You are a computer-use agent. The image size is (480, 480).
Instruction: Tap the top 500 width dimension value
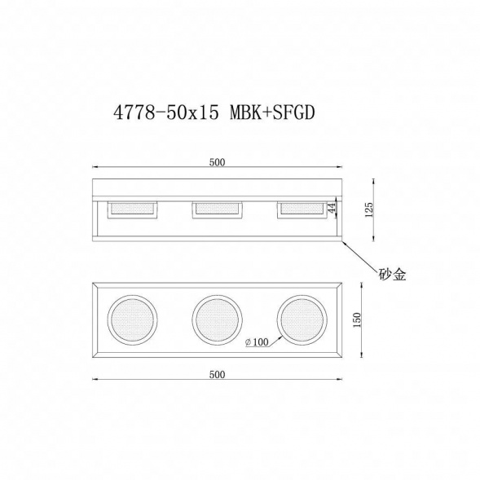click(217, 162)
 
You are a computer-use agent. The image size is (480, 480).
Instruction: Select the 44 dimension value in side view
click(332, 209)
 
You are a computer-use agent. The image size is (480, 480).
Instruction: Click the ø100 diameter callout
click(258, 343)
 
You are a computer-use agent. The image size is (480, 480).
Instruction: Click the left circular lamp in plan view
click(131, 319)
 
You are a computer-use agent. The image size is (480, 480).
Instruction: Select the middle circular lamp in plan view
click(216, 319)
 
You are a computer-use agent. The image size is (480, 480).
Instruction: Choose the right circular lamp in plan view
click(301, 319)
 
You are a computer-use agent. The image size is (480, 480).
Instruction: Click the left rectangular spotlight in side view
click(133, 209)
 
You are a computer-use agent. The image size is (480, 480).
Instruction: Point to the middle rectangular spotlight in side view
click(217, 209)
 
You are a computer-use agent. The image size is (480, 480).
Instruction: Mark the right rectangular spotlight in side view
click(301, 209)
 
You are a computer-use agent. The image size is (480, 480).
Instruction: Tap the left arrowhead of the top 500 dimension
click(94, 170)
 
